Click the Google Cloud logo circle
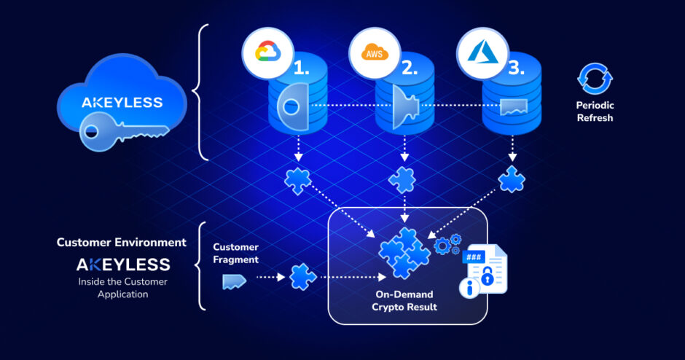coord(267,51)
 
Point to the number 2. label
coord(409,69)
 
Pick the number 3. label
coord(516,69)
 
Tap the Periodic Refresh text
coord(594,111)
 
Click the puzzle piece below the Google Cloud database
coord(297,179)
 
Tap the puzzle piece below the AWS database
coord(403,179)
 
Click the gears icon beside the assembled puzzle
coord(446,244)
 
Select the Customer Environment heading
coord(122,242)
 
